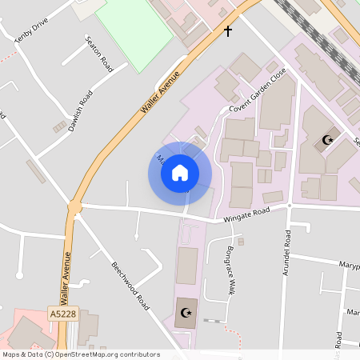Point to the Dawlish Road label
point(82,112)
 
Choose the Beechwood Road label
point(130,286)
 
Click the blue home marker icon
point(180,173)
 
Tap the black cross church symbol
point(228,31)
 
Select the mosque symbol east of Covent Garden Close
point(326,141)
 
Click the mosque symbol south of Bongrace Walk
point(188,312)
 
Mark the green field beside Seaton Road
point(133,34)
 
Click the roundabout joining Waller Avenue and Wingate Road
point(74,207)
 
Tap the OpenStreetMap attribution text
point(80,354)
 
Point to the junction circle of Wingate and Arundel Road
point(290,206)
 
